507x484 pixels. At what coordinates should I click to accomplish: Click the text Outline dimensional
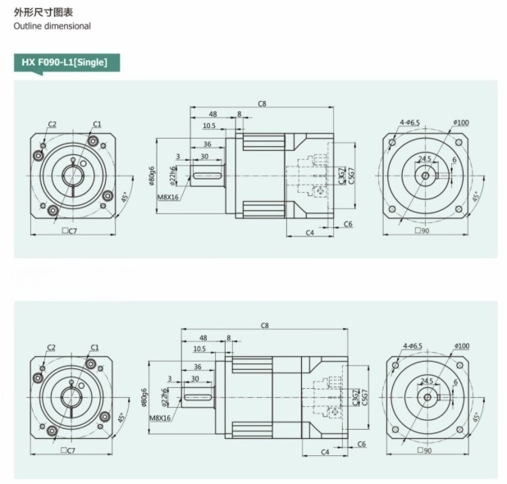pos(52,26)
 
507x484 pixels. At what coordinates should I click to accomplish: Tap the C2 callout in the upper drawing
pos(52,124)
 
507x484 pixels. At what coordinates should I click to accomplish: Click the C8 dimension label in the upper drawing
pos(262,103)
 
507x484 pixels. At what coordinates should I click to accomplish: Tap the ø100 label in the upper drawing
pos(461,122)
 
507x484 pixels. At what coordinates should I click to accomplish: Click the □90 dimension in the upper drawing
pos(424,232)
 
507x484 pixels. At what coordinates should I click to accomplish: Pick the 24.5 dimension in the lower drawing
pos(427,381)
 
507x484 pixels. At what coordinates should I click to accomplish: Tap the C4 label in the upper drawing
pos(310,233)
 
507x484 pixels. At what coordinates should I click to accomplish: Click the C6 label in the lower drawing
pos(361,444)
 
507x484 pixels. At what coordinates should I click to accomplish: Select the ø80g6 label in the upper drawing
pos(153,174)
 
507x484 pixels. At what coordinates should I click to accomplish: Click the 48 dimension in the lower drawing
pos(202,336)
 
